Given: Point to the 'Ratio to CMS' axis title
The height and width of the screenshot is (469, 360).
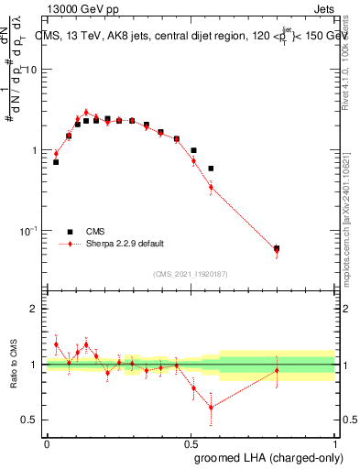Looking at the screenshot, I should click(12, 365).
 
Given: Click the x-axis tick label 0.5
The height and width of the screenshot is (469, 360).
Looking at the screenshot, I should click(191, 442).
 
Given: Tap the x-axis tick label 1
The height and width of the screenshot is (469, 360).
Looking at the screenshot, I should click(335, 442).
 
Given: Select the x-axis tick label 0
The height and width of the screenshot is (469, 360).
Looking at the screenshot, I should click(47, 442).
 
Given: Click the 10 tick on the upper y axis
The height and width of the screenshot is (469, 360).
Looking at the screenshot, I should click(31, 70).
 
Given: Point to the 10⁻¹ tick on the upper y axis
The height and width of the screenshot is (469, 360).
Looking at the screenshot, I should click(27, 230).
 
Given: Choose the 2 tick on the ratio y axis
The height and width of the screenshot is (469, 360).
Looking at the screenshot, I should click(36, 309).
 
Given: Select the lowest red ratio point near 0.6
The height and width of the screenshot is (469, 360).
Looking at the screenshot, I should click(212, 407).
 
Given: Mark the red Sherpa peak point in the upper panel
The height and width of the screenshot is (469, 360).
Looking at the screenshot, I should click(86, 113).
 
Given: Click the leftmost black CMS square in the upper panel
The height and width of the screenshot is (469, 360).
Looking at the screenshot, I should click(56, 162).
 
